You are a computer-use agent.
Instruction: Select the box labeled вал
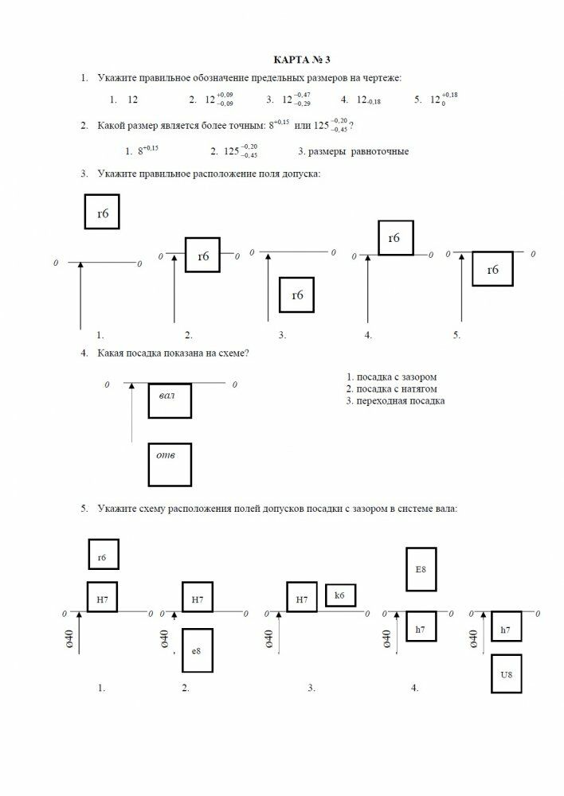(x=169, y=400)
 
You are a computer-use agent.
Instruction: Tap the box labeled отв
(x=169, y=465)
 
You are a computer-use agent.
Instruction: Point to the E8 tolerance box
(x=421, y=569)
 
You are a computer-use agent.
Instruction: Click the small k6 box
(x=340, y=595)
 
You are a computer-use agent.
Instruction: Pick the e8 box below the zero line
(x=196, y=650)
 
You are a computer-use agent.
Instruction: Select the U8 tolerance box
(x=507, y=675)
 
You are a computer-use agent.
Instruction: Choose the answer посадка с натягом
(x=391, y=388)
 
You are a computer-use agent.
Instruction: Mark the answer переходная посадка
(x=395, y=401)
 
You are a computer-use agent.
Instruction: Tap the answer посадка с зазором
(x=391, y=377)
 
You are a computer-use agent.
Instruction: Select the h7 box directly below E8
(x=421, y=630)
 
